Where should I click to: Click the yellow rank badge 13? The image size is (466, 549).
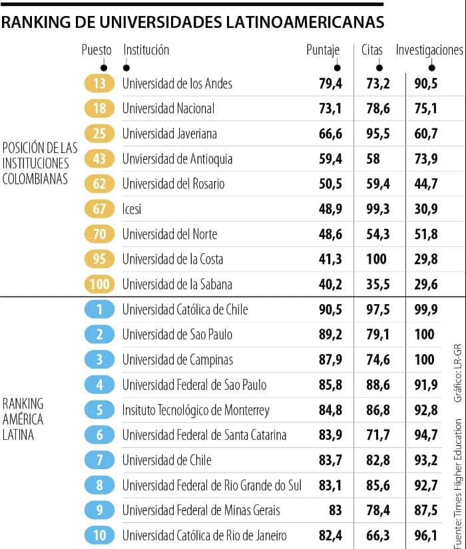(100, 83)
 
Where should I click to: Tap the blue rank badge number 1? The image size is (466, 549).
(100, 309)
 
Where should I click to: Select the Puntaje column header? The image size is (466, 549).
(323, 50)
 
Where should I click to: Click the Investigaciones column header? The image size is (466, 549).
(429, 50)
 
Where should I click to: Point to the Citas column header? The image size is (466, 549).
(371, 50)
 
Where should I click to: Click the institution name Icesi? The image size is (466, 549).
(132, 209)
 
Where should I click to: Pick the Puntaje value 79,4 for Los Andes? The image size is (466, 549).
(330, 83)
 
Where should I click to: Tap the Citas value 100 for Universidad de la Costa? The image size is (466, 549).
(376, 259)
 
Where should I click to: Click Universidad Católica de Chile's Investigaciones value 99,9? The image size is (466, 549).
(425, 309)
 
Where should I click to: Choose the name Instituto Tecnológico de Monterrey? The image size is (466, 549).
(195, 410)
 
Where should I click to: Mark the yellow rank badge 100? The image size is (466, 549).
(100, 284)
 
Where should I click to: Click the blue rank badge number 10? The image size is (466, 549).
(100, 536)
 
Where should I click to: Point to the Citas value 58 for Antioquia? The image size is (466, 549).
(373, 158)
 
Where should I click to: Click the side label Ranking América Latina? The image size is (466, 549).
(23, 419)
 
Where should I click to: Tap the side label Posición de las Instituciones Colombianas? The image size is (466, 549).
(40, 163)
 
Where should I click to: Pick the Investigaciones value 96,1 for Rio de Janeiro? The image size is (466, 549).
(425, 536)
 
